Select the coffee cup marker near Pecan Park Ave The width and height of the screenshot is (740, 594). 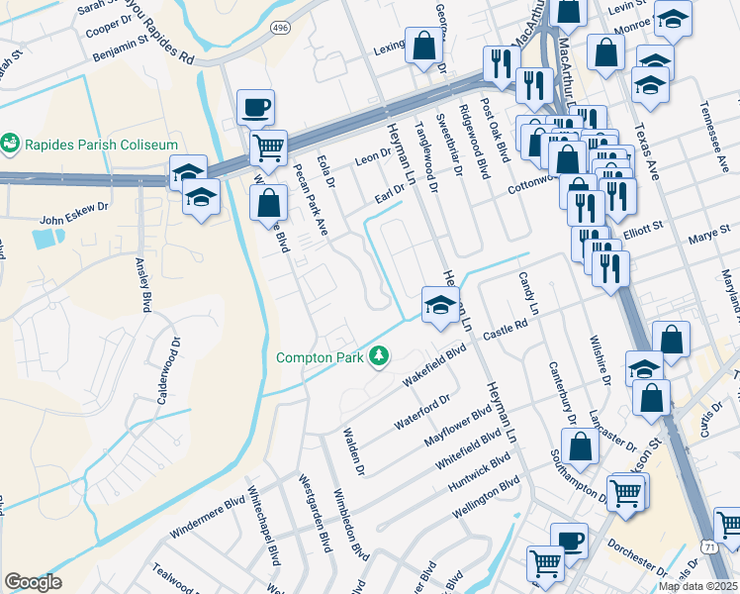point(255,108)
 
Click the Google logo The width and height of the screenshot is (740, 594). point(33,582)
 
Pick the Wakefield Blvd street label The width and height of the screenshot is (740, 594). point(434,367)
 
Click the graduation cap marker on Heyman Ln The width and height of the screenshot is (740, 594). point(439,304)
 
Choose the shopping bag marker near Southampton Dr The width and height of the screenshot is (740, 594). point(583,445)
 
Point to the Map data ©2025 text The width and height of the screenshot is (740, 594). point(698,586)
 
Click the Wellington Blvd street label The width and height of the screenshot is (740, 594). point(486,497)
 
